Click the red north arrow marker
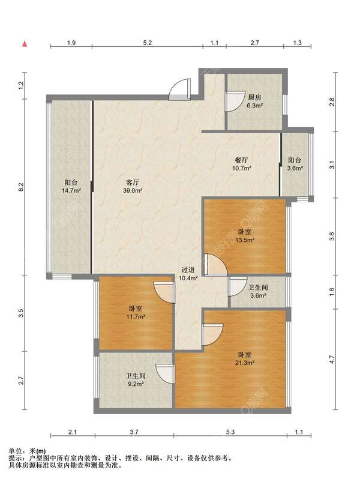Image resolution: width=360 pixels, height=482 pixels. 25,44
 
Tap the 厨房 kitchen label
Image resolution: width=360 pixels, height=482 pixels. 254,98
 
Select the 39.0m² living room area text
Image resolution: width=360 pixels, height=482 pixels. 133,191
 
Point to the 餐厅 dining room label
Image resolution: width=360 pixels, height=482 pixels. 242,160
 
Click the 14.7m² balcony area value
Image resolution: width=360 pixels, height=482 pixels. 71,191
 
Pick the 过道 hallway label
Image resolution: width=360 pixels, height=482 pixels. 188,270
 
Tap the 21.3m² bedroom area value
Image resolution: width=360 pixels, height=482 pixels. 245,363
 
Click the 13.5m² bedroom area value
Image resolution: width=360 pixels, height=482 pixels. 245,240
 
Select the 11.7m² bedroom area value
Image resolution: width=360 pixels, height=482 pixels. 136,316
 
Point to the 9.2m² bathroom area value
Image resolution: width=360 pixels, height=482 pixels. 136,384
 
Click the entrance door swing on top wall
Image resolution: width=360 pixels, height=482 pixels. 179,89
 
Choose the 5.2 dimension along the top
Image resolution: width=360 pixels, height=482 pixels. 148,43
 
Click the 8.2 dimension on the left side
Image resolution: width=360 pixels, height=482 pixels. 20,187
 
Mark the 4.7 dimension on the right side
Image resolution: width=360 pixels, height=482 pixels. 332,360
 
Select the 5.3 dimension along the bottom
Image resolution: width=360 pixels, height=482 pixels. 230,432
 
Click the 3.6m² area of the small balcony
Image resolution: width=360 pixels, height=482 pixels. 295,168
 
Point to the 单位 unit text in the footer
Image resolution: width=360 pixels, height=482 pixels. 14,451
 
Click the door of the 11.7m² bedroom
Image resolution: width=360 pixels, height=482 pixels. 164,293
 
